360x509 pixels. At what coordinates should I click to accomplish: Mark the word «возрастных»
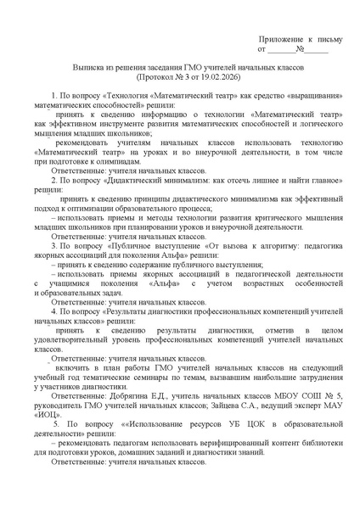point(257,282)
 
